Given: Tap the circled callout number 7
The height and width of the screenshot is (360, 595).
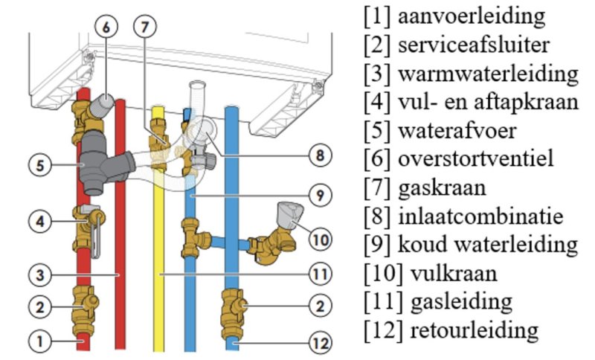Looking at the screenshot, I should click(145, 26).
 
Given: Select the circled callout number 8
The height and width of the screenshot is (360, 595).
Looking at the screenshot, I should click(318, 155).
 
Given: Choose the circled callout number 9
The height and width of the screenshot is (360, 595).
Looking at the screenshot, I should click(318, 196).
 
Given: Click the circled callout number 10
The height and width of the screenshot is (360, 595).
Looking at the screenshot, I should click(318, 240).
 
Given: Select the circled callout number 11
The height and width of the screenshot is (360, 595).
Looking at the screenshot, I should click(318, 274).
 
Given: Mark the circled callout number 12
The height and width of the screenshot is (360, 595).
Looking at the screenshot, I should click(318, 343).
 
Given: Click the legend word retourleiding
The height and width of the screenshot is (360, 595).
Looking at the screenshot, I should click(465, 330).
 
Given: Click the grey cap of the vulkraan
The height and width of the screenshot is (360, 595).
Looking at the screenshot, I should click(286, 210).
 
